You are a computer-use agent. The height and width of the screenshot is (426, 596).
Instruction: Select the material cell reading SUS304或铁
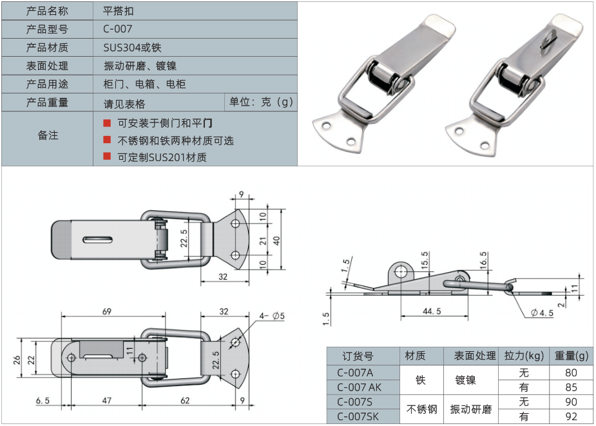click(132, 48)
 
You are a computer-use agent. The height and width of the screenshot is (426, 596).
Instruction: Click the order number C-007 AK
click(360, 387)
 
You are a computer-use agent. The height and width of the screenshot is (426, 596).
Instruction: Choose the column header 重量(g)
click(572, 356)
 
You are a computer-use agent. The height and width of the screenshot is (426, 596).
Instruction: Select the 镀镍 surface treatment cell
click(465, 380)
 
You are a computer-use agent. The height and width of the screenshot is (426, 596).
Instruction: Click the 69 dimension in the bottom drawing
click(107, 311)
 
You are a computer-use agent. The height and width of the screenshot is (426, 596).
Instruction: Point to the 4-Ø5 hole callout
click(274, 315)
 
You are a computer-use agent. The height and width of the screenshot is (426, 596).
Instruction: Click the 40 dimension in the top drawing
click(277, 240)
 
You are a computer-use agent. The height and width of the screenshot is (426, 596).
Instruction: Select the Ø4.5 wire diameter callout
click(543, 313)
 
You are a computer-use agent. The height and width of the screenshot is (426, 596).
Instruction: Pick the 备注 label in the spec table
click(48, 135)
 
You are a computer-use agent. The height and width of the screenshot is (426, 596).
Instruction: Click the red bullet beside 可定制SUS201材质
click(107, 157)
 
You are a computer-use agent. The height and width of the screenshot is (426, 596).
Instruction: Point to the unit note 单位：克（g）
click(261, 102)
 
